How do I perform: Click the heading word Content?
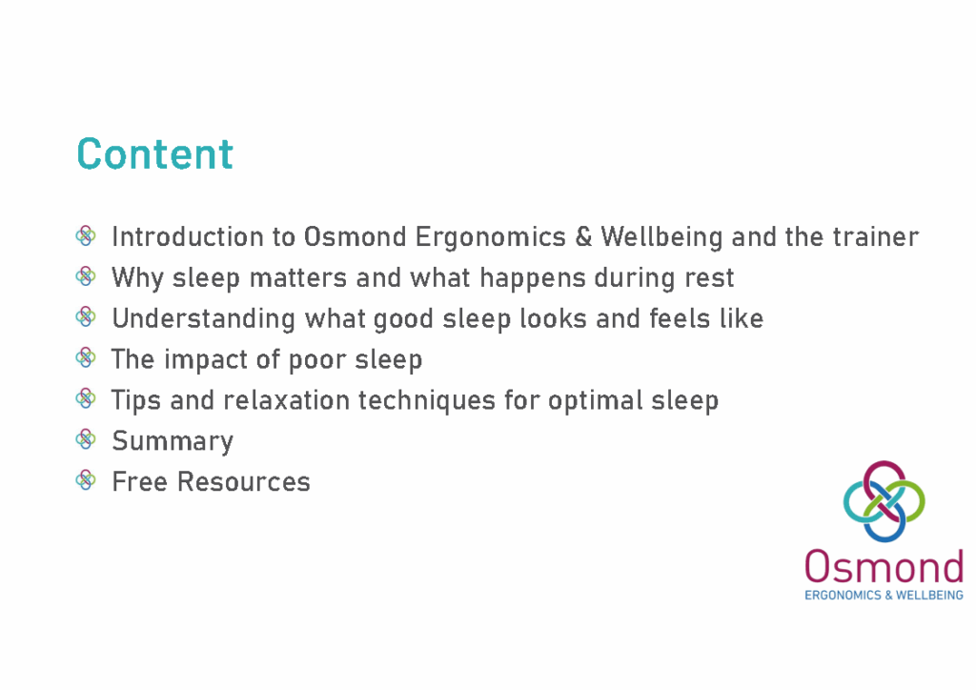(x=154, y=154)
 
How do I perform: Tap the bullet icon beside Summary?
(x=86, y=439)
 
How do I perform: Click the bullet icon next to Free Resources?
(x=86, y=480)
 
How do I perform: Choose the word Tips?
(x=136, y=400)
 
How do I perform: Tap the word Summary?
(x=173, y=441)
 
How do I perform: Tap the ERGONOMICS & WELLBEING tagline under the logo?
(x=884, y=595)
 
